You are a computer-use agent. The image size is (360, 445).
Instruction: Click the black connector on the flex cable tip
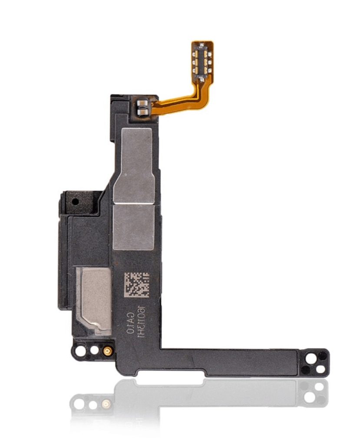coord(202,59)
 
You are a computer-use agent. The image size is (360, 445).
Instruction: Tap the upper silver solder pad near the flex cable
coord(142,103)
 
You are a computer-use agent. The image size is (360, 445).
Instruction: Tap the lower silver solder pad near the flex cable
coord(142,113)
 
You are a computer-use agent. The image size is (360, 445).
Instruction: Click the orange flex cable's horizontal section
coord(178,103)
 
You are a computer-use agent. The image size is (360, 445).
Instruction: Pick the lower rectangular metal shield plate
coord(133,227)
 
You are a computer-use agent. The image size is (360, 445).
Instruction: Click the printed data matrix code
coord(136,285)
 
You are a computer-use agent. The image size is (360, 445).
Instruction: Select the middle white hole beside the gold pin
coord(93,350)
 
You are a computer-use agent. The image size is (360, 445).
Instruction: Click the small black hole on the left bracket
coord(76,202)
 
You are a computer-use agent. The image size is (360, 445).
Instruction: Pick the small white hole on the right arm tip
coord(320,369)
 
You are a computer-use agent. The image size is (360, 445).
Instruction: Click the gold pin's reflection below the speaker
coord(105,404)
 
